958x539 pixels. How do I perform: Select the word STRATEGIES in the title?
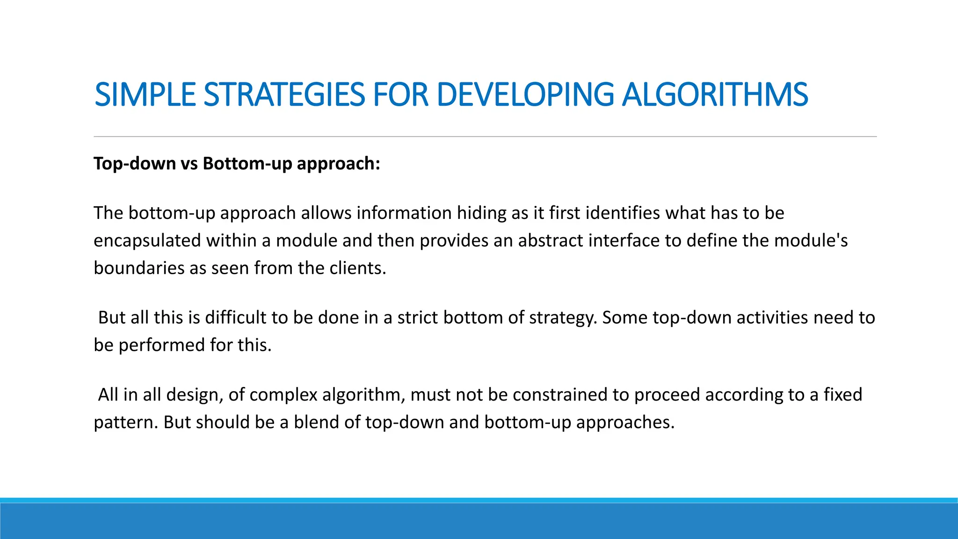point(284,95)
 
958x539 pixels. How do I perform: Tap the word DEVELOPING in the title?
point(525,95)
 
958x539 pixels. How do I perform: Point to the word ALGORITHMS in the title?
point(715,95)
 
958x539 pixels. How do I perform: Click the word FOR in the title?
point(400,95)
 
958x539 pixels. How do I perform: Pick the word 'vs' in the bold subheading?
point(189,163)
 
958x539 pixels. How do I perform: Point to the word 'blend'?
point(317,422)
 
